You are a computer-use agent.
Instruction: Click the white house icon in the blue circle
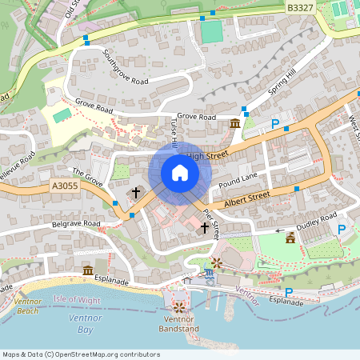(x=180, y=173)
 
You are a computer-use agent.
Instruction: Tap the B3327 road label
(x=300, y=7)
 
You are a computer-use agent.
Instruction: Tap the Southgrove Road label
(x=126, y=70)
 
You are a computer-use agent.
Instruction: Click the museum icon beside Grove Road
(x=234, y=123)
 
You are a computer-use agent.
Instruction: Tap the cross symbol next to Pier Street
(x=204, y=229)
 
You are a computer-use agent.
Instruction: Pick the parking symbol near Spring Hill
(x=275, y=124)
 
